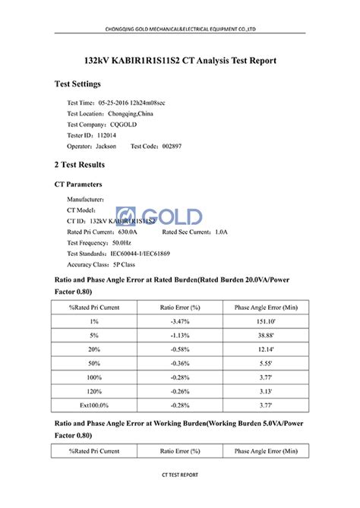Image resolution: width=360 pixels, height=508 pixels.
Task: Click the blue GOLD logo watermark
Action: tap(159, 216)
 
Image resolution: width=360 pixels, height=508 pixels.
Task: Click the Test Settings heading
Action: tap(83, 84)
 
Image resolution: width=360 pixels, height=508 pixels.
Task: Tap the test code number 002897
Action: tap(171, 146)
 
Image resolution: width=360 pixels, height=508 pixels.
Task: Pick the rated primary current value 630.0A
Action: tap(124, 232)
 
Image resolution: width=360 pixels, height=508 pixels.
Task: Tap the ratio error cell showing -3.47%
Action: tap(180, 322)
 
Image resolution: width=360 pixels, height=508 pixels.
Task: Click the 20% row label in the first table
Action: tap(94, 350)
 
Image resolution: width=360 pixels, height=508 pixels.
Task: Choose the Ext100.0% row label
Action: tap(94, 406)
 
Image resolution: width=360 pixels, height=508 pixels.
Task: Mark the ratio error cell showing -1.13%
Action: tap(180, 336)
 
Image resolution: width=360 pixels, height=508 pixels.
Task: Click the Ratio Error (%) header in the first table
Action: tap(180, 307)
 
